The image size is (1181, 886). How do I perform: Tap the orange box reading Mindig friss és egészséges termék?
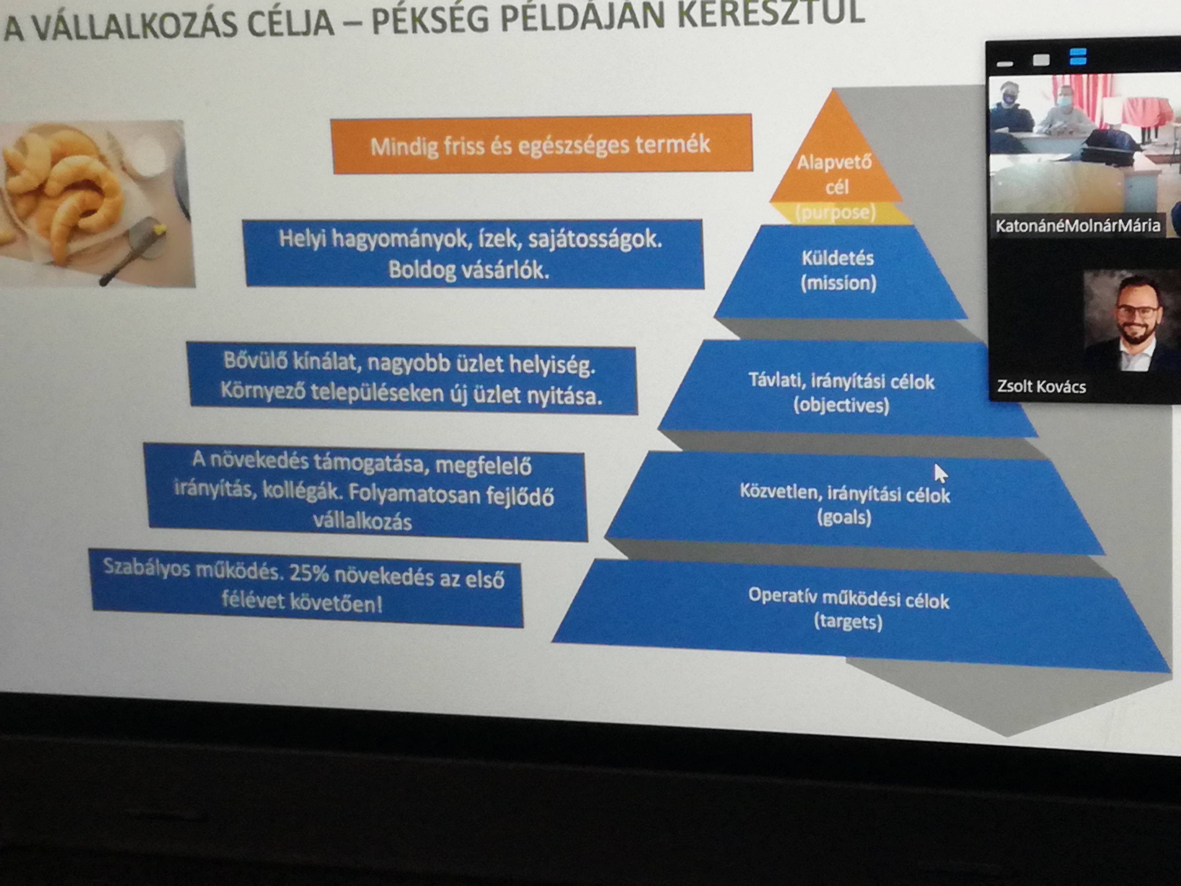click(x=542, y=144)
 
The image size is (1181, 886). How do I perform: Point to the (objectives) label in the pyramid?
click(x=841, y=405)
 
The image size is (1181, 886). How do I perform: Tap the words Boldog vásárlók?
click(x=468, y=270)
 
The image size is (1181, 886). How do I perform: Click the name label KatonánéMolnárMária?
click(x=1077, y=225)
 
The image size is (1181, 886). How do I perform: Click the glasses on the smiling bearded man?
click(x=1138, y=310)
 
